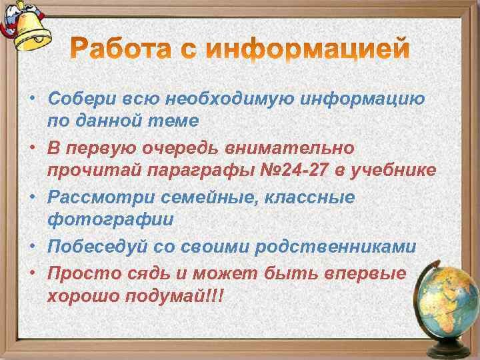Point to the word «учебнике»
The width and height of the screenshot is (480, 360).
(399, 171)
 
